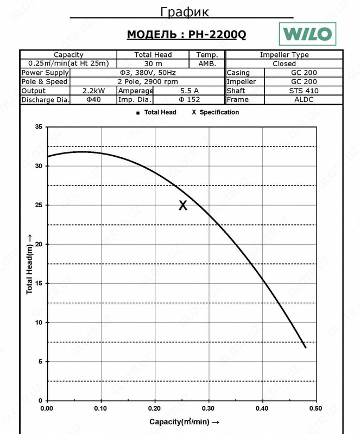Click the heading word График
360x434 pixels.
coord(185,12)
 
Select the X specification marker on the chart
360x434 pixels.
coord(183,205)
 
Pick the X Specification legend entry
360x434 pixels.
coord(216,112)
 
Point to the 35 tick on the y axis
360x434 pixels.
coord(38,127)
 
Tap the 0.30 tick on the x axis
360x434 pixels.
coord(209,409)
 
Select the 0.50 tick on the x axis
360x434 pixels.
coord(316,409)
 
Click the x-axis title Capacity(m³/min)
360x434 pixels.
coord(184,422)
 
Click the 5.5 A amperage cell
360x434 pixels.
coord(188,91)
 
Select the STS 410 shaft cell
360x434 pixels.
coord(305,91)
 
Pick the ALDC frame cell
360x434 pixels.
coord(305,100)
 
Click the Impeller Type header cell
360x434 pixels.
coord(284,55)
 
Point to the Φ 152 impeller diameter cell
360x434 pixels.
coord(188,100)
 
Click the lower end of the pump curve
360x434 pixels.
coord(305,347)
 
